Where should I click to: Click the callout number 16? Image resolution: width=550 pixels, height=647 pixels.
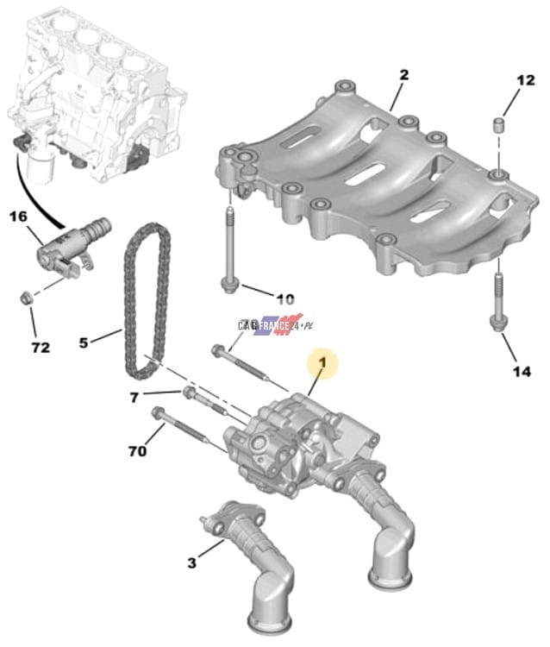click(19, 217)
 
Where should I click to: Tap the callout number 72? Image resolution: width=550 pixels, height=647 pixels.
click(41, 348)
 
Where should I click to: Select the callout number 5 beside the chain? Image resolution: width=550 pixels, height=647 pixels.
click(84, 342)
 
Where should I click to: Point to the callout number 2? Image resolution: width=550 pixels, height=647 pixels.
click(403, 75)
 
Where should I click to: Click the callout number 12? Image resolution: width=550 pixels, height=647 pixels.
click(525, 80)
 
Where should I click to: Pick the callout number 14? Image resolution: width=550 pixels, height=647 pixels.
click(522, 372)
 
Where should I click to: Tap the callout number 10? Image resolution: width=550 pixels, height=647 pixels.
click(285, 298)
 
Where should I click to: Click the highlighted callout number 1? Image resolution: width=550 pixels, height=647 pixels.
click(322, 362)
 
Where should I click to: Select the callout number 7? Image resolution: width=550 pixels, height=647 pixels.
click(134, 399)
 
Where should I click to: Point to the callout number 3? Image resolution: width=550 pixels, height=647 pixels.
click(191, 562)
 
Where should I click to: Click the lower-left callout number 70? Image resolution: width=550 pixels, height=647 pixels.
click(137, 451)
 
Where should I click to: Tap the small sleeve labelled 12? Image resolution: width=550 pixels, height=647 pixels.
click(499, 125)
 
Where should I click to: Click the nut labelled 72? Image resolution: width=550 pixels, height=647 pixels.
click(27, 298)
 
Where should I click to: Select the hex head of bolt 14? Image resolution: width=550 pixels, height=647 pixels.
click(496, 323)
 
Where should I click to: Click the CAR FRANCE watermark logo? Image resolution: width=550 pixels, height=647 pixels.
click(275, 325)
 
